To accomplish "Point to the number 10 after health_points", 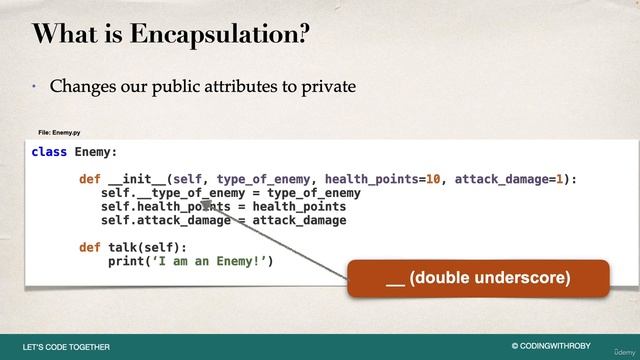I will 434,180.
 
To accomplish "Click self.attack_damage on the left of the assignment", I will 166,220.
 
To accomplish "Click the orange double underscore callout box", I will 478,278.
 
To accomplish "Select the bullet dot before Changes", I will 32,87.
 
